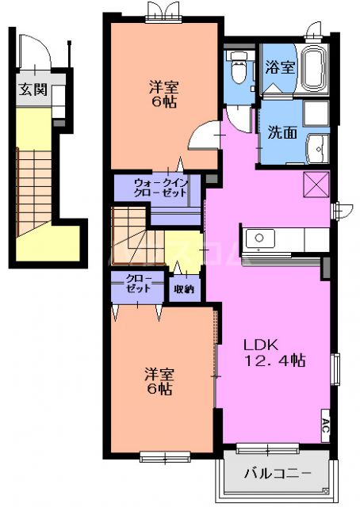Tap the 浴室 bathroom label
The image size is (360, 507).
click(x=280, y=67)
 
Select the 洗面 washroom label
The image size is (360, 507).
click(x=282, y=132)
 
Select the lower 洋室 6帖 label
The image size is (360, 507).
click(x=159, y=380)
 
